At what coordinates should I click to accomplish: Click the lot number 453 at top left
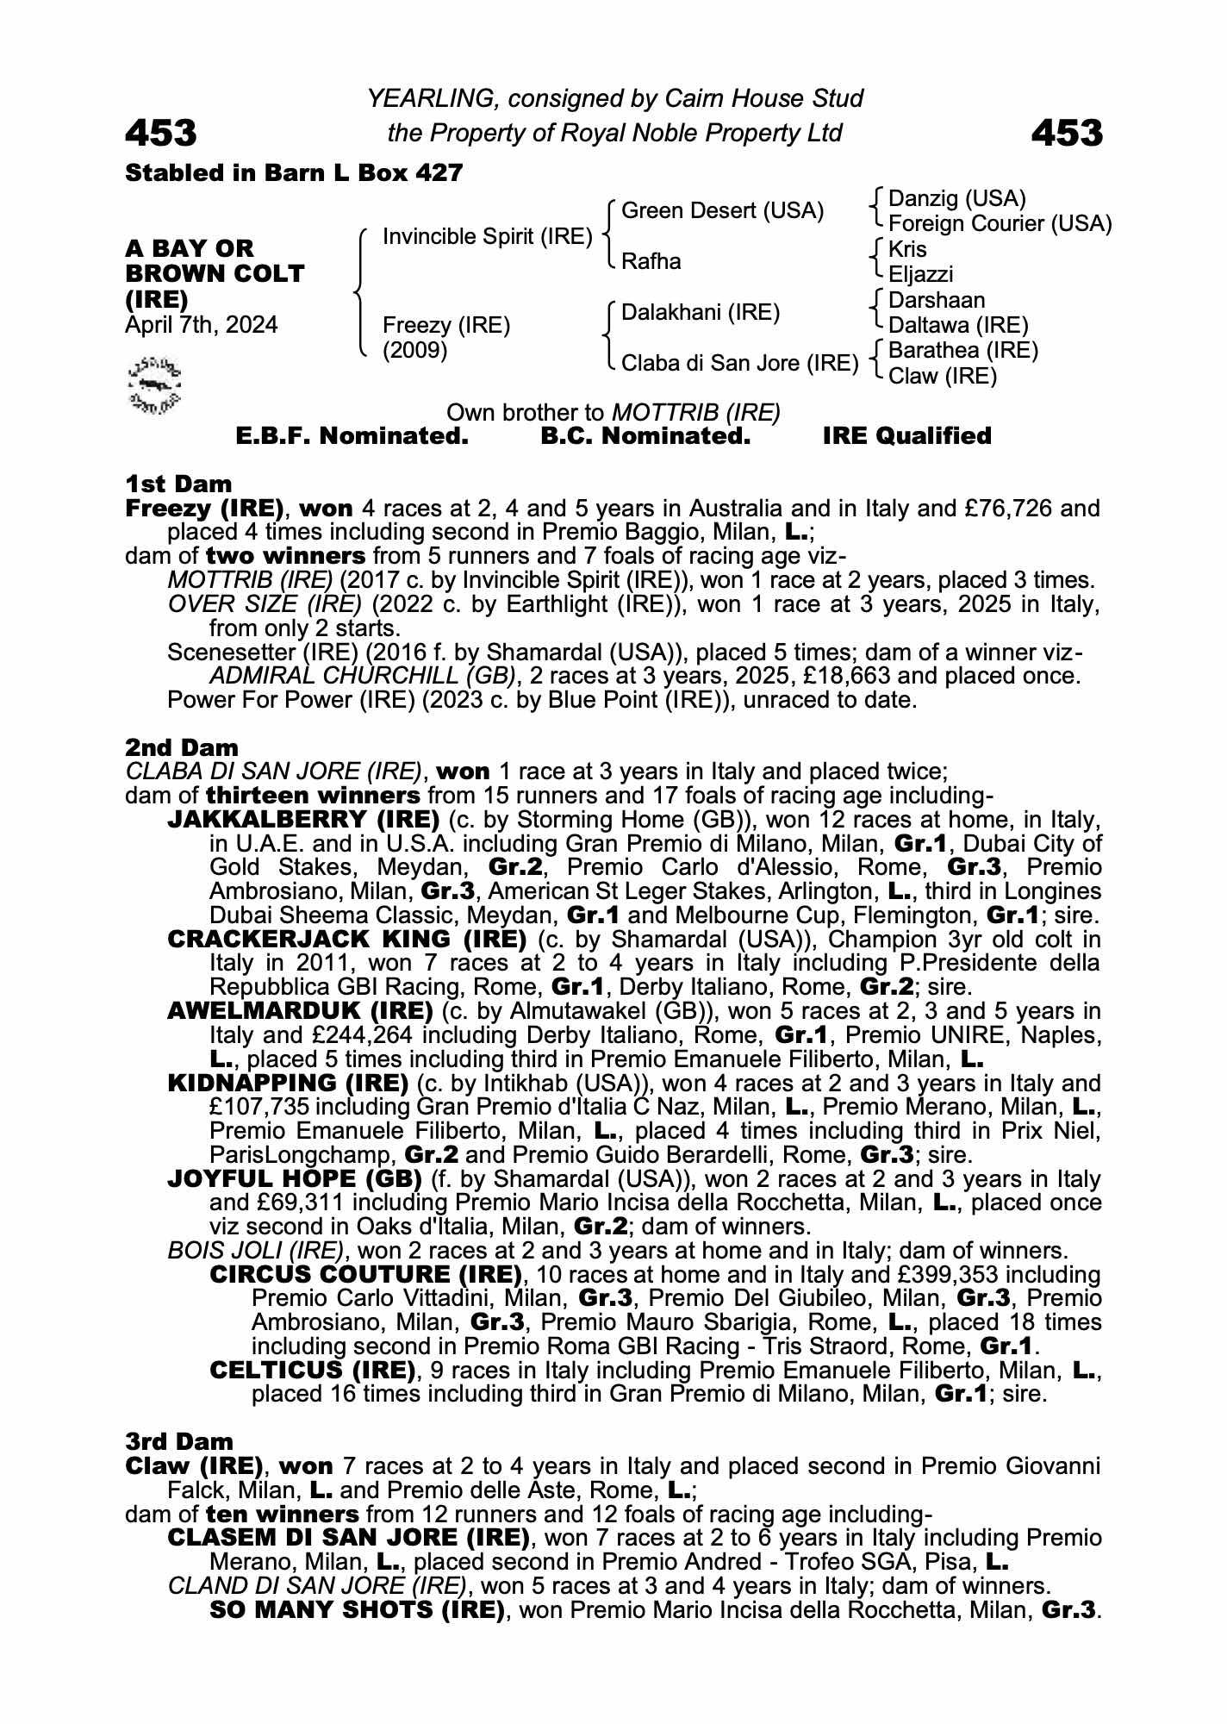tap(161, 133)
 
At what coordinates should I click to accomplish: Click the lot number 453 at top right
tap(1066, 133)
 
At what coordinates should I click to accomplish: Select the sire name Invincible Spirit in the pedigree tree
tap(487, 236)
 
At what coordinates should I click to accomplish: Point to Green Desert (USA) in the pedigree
tap(722, 211)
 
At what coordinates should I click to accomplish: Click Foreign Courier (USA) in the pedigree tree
tap(1000, 224)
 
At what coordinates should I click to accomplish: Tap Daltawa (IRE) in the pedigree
tap(958, 326)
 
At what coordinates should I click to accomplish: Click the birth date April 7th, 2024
tap(202, 325)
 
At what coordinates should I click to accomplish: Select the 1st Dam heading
tap(178, 484)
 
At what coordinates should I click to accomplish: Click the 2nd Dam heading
tap(182, 746)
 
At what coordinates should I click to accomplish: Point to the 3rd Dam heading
tap(179, 1441)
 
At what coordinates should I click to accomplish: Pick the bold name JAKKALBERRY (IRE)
tap(303, 819)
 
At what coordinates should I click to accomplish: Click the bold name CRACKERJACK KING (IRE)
tap(346, 939)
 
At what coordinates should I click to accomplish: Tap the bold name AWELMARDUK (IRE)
tap(300, 1010)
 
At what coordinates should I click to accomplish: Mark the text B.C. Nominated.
tap(645, 436)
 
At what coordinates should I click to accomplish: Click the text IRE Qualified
tap(906, 436)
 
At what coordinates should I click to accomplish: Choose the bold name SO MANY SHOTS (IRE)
tap(357, 1609)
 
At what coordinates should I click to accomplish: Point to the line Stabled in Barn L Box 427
tap(294, 173)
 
